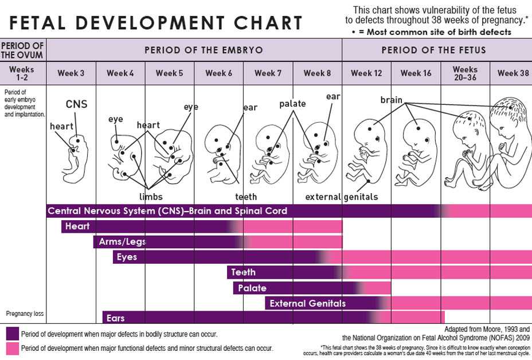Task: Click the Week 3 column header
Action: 71,73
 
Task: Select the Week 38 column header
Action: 513,73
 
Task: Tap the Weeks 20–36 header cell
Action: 465,73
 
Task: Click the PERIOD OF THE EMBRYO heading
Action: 204,50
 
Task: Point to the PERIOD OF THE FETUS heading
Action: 433,50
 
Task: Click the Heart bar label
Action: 77,226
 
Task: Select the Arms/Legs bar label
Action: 122,242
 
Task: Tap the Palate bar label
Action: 252,288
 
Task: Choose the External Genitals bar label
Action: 307,303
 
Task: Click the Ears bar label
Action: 115,318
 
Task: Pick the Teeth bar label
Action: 243,272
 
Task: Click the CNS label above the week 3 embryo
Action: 76,104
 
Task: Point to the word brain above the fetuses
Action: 391,100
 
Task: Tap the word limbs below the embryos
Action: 151,197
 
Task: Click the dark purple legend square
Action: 11,334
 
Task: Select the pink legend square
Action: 11,348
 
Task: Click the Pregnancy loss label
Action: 24,314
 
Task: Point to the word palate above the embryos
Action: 292,104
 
